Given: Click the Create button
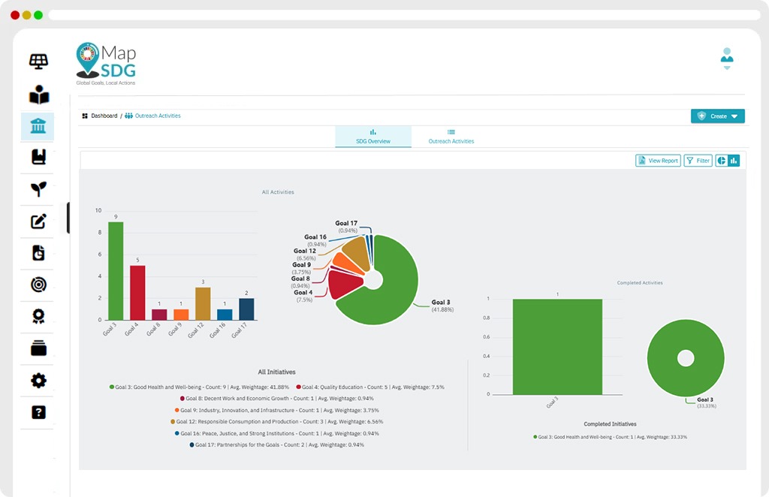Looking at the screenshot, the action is click(717, 116).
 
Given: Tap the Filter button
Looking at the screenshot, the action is click(698, 161).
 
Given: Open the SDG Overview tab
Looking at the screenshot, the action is click(373, 137).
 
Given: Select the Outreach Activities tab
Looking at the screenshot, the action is click(451, 137).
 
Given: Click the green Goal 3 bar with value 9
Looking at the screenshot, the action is click(116, 270).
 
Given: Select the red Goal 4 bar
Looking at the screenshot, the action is click(138, 293).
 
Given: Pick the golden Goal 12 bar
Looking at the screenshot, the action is click(203, 303).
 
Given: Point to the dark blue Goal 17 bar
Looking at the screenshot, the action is click(246, 309).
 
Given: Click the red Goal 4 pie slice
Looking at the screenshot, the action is click(344, 285).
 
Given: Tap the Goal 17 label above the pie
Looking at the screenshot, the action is click(346, 224).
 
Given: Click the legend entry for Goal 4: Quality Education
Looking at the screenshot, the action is click(370, 387).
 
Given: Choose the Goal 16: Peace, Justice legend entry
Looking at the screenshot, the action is click(276, 433).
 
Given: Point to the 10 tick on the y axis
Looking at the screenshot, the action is click(98, 211).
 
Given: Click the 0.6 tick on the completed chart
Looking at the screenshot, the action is click(486, 337).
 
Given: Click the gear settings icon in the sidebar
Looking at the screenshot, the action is click(38, 381).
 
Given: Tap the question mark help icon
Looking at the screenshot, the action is click(38, 412).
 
